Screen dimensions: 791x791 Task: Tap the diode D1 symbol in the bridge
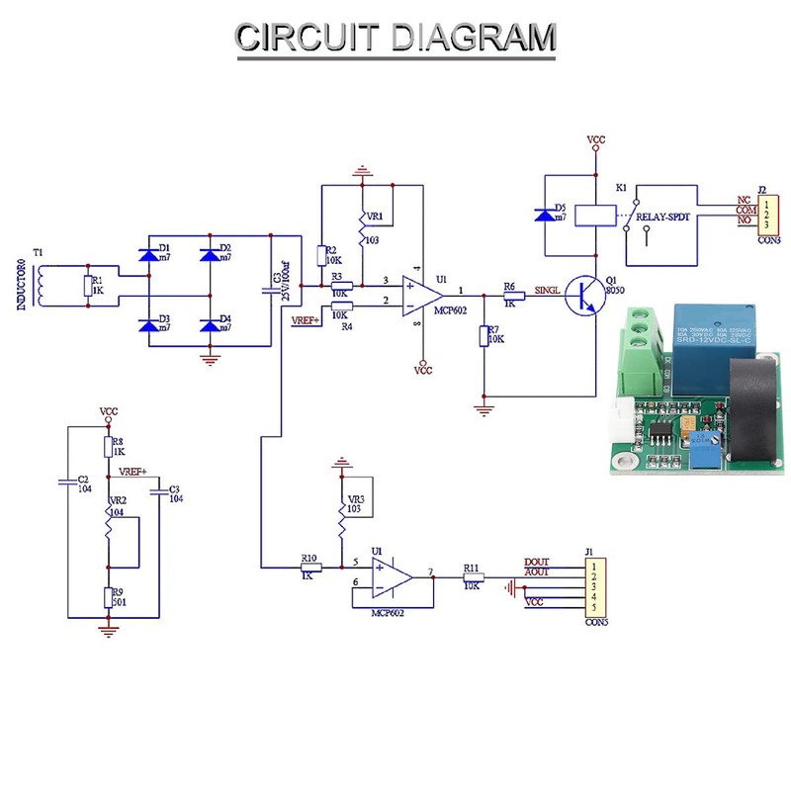click(x=149, y=255)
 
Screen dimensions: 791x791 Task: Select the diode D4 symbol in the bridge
click(x=209, y=325)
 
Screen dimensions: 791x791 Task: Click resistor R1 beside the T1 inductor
click(x=88, y=287)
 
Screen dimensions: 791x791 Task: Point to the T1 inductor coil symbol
click(x=41, y=283)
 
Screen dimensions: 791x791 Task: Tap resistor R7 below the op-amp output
click(x=483, y=335)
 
